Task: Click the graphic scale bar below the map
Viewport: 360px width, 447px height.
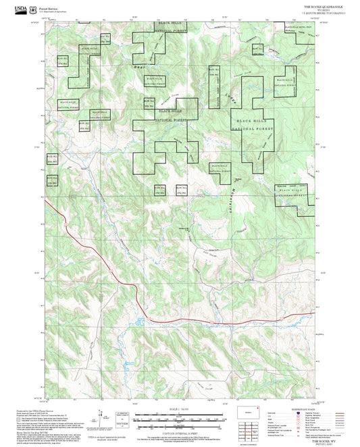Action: tap(180, 417)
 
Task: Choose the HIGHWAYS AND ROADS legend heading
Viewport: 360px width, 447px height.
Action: tap(290, 409)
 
